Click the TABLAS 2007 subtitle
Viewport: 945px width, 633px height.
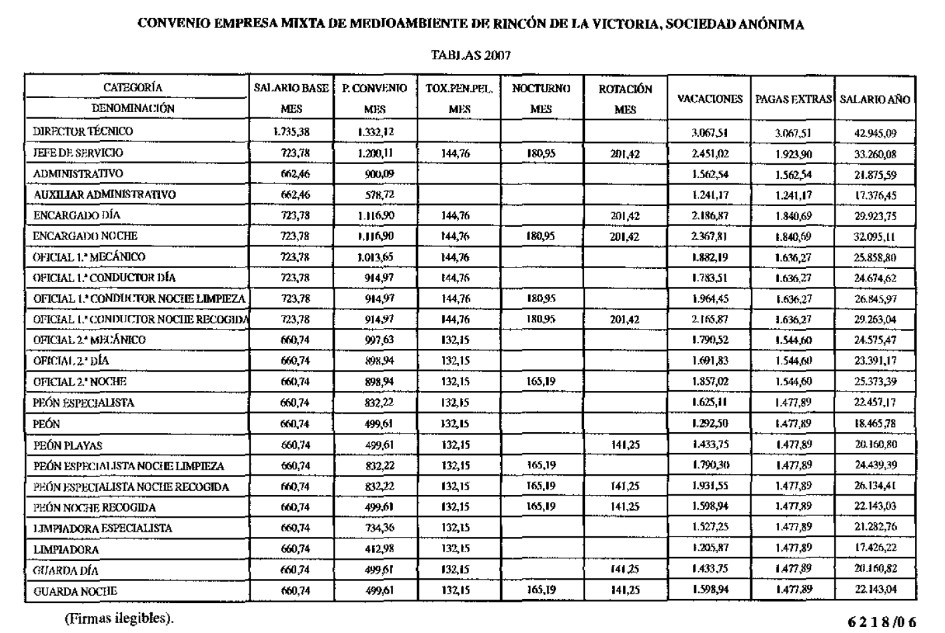tap(471, 55)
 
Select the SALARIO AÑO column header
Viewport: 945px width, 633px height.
tap(874, 99)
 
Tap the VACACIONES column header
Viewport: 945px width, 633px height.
tap(710, 99)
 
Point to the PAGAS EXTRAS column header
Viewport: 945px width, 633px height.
tap(793, 99)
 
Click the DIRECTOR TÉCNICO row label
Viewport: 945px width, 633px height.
tap(83, 131)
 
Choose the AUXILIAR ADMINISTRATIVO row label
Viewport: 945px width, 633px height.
tap(105, 195)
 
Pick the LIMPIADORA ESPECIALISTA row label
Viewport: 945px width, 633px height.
tap(103, 528)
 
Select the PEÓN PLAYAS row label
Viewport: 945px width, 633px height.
tap(68, 446)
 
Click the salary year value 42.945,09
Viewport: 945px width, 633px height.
tap(875, 133)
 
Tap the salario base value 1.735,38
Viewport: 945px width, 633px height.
tap(291, 132)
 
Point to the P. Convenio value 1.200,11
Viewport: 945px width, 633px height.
tap(375, 153)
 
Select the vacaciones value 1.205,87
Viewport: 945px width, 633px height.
tap(710, 549)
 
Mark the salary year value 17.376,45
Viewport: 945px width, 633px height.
tap(875, 195)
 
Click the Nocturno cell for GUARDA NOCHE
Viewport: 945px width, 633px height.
tap(541, 590)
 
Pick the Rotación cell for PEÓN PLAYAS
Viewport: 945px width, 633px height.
tap(625, 446)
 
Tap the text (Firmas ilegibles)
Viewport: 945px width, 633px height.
tap(118, 618)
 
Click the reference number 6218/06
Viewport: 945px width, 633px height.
tap(882, 622)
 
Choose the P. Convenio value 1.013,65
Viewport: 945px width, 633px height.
tap(375, 257)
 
